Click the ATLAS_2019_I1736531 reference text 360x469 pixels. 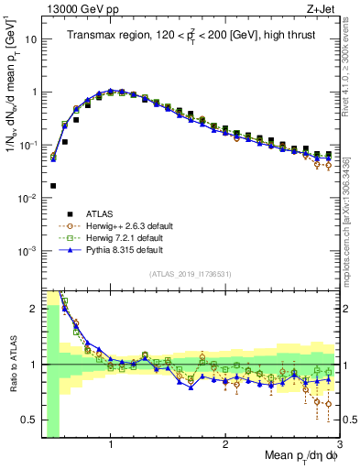190,273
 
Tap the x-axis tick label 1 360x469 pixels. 111,443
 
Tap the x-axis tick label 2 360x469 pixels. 225,443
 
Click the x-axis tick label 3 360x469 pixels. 338,443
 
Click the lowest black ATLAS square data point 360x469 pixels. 53,185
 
